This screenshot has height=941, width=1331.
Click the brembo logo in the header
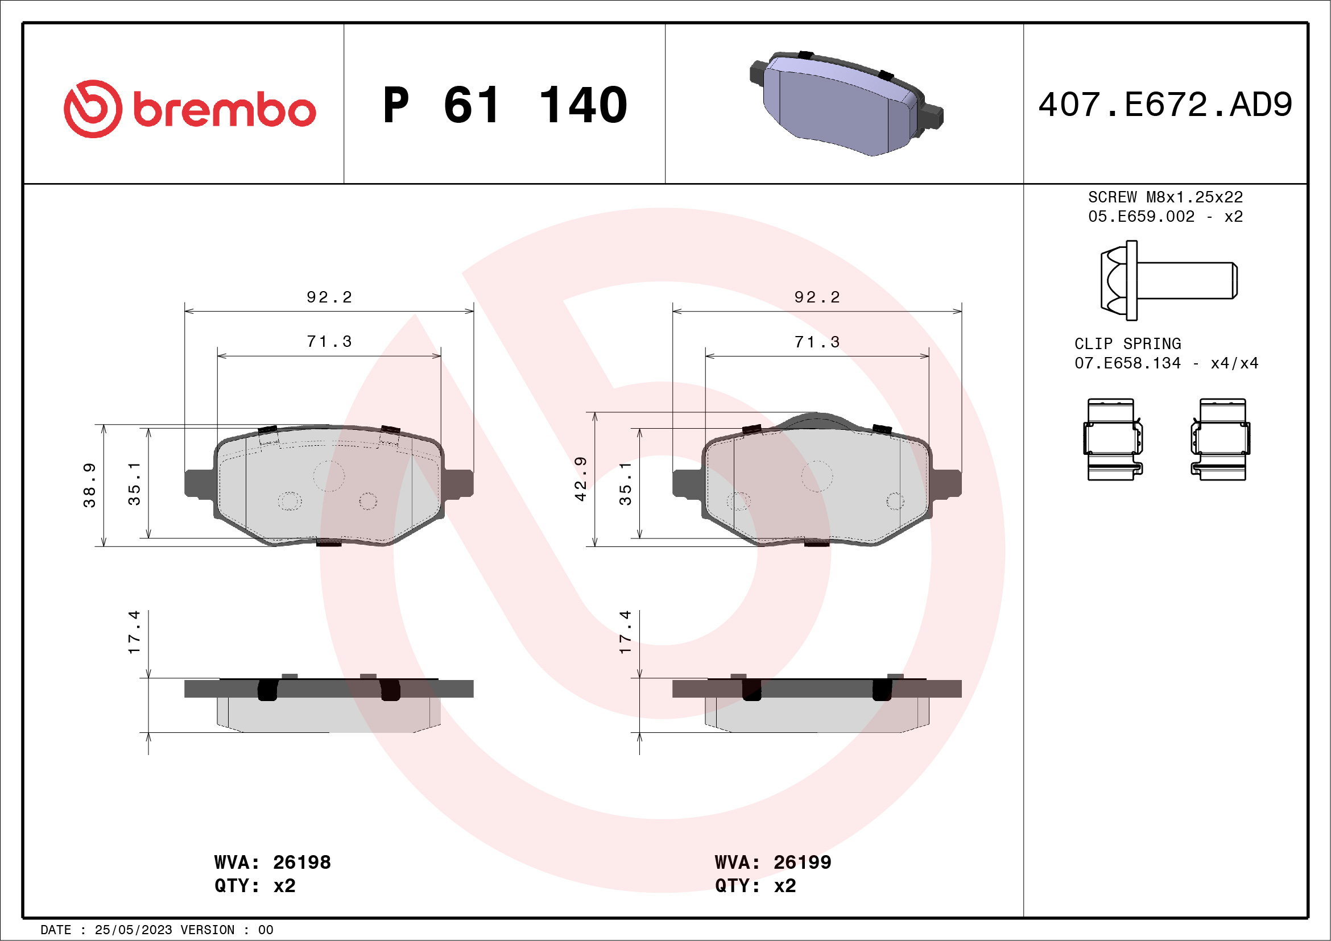click(x=189, y=109)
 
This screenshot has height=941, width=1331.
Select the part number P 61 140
click(x=505, y=105)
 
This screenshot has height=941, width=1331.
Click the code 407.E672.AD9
click(x=1165, y=105)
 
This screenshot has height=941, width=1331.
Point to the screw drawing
click(x=1168, y=280)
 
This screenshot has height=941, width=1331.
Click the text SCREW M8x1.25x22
click(x=1165, y=197)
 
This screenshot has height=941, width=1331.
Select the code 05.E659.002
click(x=1141, y=217)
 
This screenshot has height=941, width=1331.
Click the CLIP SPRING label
click(x=1127, y=343)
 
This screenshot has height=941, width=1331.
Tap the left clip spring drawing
click(x=1113, y=439)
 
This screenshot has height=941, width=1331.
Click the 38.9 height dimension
click(x=89, y=486)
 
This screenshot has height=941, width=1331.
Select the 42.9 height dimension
click(x=580, y=479)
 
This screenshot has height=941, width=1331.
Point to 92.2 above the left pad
click(x=329, y=297)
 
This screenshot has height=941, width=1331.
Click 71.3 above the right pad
click(x=817, y=342)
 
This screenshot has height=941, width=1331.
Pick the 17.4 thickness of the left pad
click(x=134, y=632)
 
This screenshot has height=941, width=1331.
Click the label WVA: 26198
click(x=272, y=862)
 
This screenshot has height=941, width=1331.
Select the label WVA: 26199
click(x=773, y=862)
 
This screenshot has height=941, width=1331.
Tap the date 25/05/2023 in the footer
click(x=133, y=930)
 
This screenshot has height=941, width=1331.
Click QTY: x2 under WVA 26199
click(x=755, y=886)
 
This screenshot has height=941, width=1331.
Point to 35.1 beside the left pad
click(x=134, y=484)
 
